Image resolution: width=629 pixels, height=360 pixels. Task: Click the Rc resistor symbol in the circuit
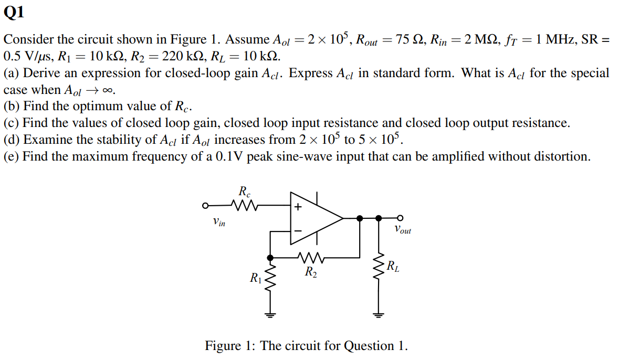[x=244, y=205]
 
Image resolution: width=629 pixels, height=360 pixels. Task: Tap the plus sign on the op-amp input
[x=298, y=207]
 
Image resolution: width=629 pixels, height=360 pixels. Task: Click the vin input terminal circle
[x=206, y=205]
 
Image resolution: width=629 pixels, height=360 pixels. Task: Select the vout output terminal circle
[x=400, y=218]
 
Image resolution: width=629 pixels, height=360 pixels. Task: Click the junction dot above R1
[x=270, y=258]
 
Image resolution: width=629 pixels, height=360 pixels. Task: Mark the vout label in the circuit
[x=403, y=230]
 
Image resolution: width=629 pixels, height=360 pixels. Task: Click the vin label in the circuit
[x=219, y=223]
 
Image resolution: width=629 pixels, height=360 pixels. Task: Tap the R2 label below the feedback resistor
[x=311, y=272]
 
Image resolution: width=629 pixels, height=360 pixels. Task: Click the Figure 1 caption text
[x=306, y=346]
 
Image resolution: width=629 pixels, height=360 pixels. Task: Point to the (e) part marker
[x=11, y=156]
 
